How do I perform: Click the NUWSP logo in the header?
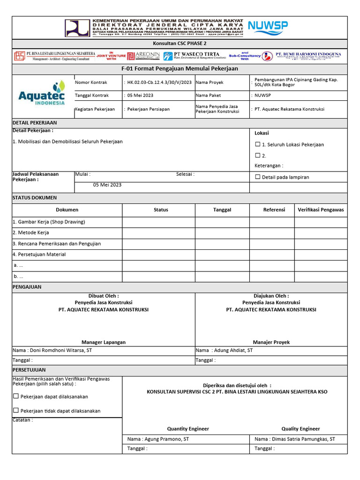(268, 27)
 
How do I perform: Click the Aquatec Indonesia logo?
(42, 94)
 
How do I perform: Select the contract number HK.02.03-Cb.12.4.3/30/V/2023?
(159, 82)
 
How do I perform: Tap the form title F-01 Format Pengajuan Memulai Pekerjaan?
(180, 68)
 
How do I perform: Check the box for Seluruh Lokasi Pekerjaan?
(257, 144)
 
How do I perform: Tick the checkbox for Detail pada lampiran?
(257, 177)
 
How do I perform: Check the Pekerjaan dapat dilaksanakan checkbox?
(16, 396)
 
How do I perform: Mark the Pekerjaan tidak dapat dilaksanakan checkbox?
(16, 411)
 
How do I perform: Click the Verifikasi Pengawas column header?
(321, 210)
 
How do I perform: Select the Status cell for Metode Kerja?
(158, 232)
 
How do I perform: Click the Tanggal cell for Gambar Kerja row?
(222, 222)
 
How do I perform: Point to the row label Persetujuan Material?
(39, 255)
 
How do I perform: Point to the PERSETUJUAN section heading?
(29, 369)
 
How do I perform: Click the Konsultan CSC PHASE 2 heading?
(180, 43)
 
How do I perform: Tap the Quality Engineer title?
(300, 428)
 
